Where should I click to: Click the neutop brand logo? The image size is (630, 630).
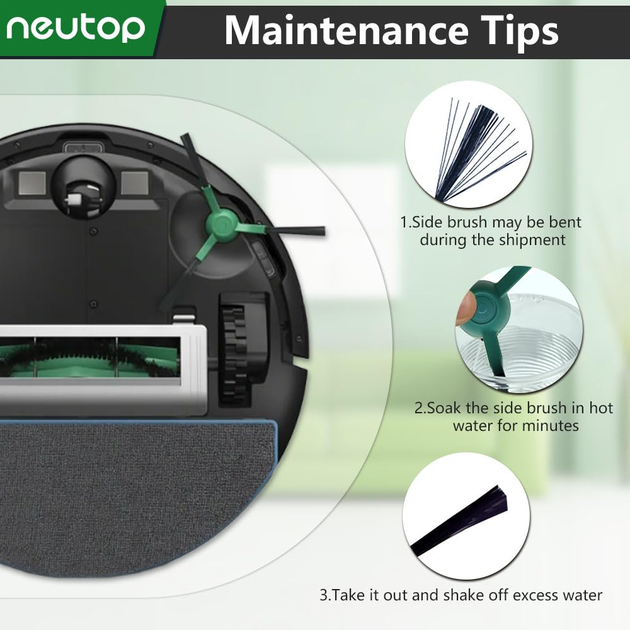coord(77,28)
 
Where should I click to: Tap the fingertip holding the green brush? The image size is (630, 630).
coord(465,309)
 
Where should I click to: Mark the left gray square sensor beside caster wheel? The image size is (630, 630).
coord(30,183)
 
